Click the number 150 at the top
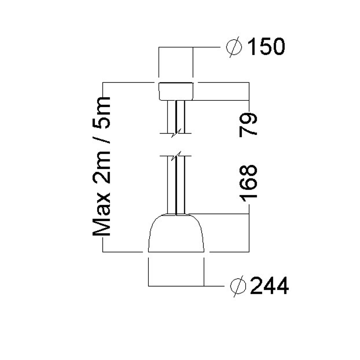266,47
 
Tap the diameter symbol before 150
234,47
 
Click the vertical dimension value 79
248,125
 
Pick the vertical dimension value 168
248,182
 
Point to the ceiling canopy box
176,91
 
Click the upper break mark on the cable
176,132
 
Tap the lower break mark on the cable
176,156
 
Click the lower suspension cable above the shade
176,184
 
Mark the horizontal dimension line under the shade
176,286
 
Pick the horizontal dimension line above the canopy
176,47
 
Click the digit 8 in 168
248,170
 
